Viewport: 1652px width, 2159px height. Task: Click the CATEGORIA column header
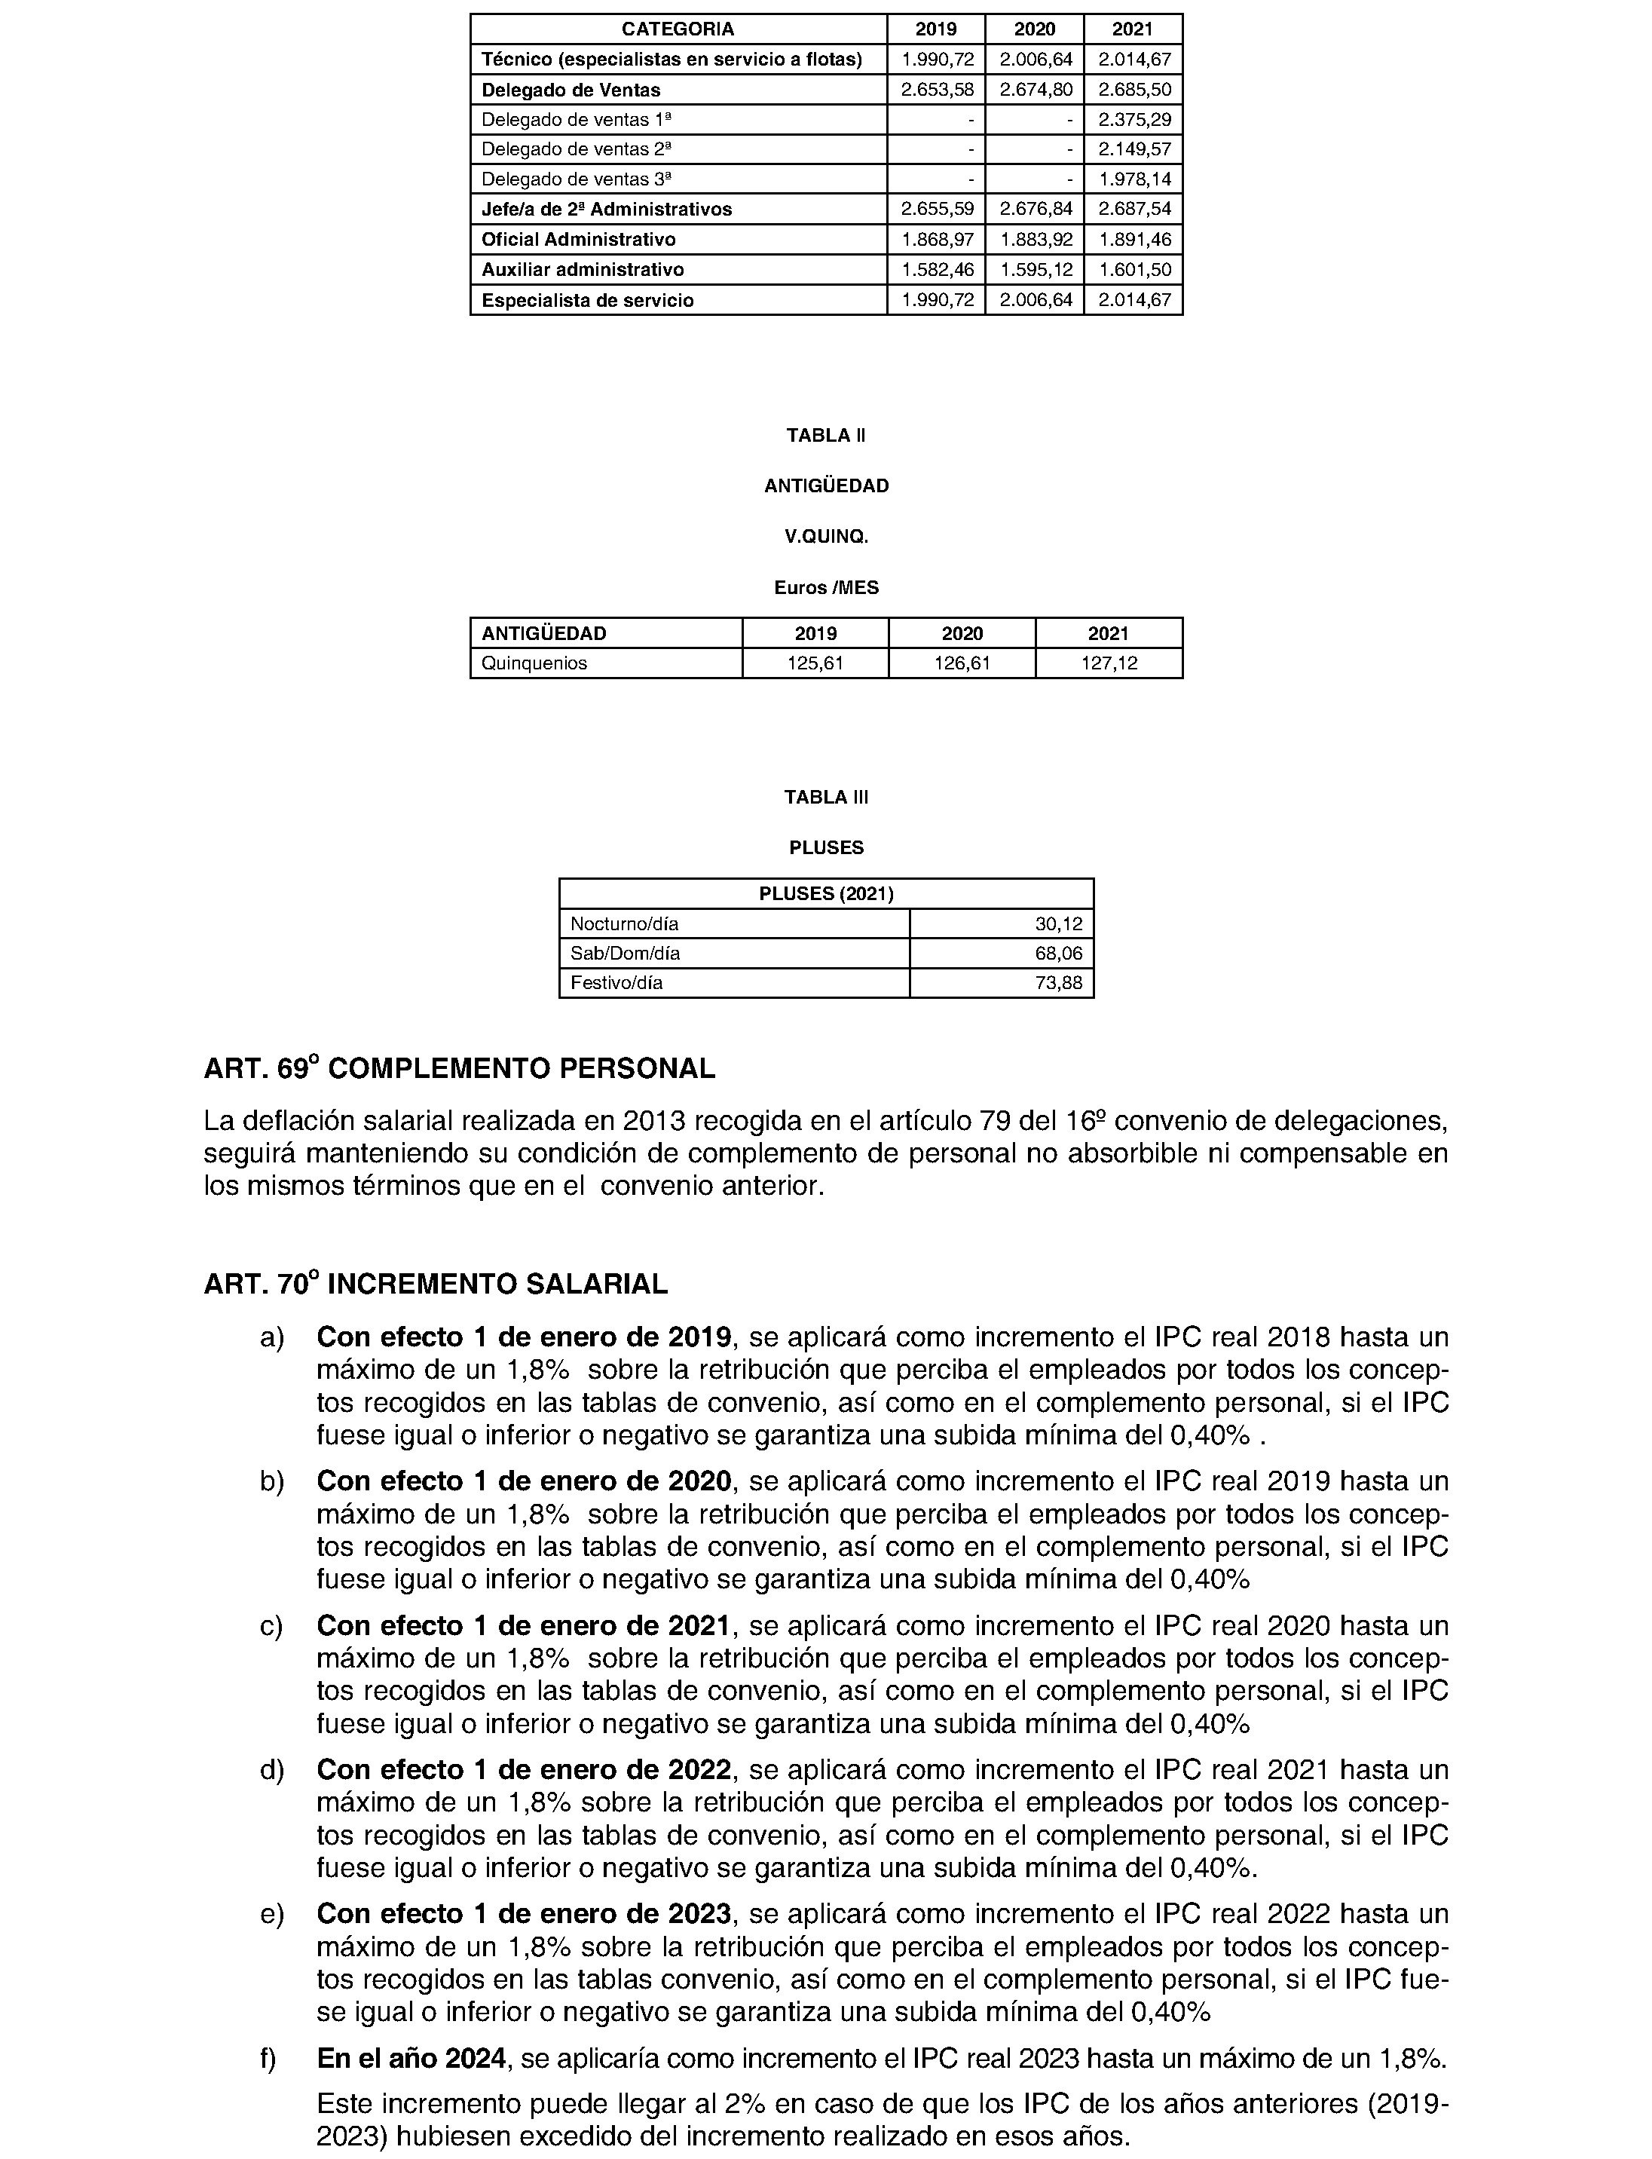pos(678,29)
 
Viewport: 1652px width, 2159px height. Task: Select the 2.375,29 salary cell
pos(1133,120)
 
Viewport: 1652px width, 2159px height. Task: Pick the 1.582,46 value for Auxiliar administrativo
pos(937,270)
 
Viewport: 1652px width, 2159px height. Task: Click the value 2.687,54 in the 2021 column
pos(1133,210)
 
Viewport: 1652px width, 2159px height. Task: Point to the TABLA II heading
pos(826,436)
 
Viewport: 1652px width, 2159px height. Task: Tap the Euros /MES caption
pos(826,588)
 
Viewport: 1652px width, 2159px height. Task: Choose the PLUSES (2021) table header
pos(826,894)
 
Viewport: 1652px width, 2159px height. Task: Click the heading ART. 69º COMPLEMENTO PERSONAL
pos(459,1069)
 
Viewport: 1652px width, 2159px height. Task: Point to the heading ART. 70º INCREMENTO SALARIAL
pos(436,1285)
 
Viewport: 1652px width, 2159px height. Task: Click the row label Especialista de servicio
pos(587,301)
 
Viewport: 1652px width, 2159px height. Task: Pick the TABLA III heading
pos(826,798)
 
